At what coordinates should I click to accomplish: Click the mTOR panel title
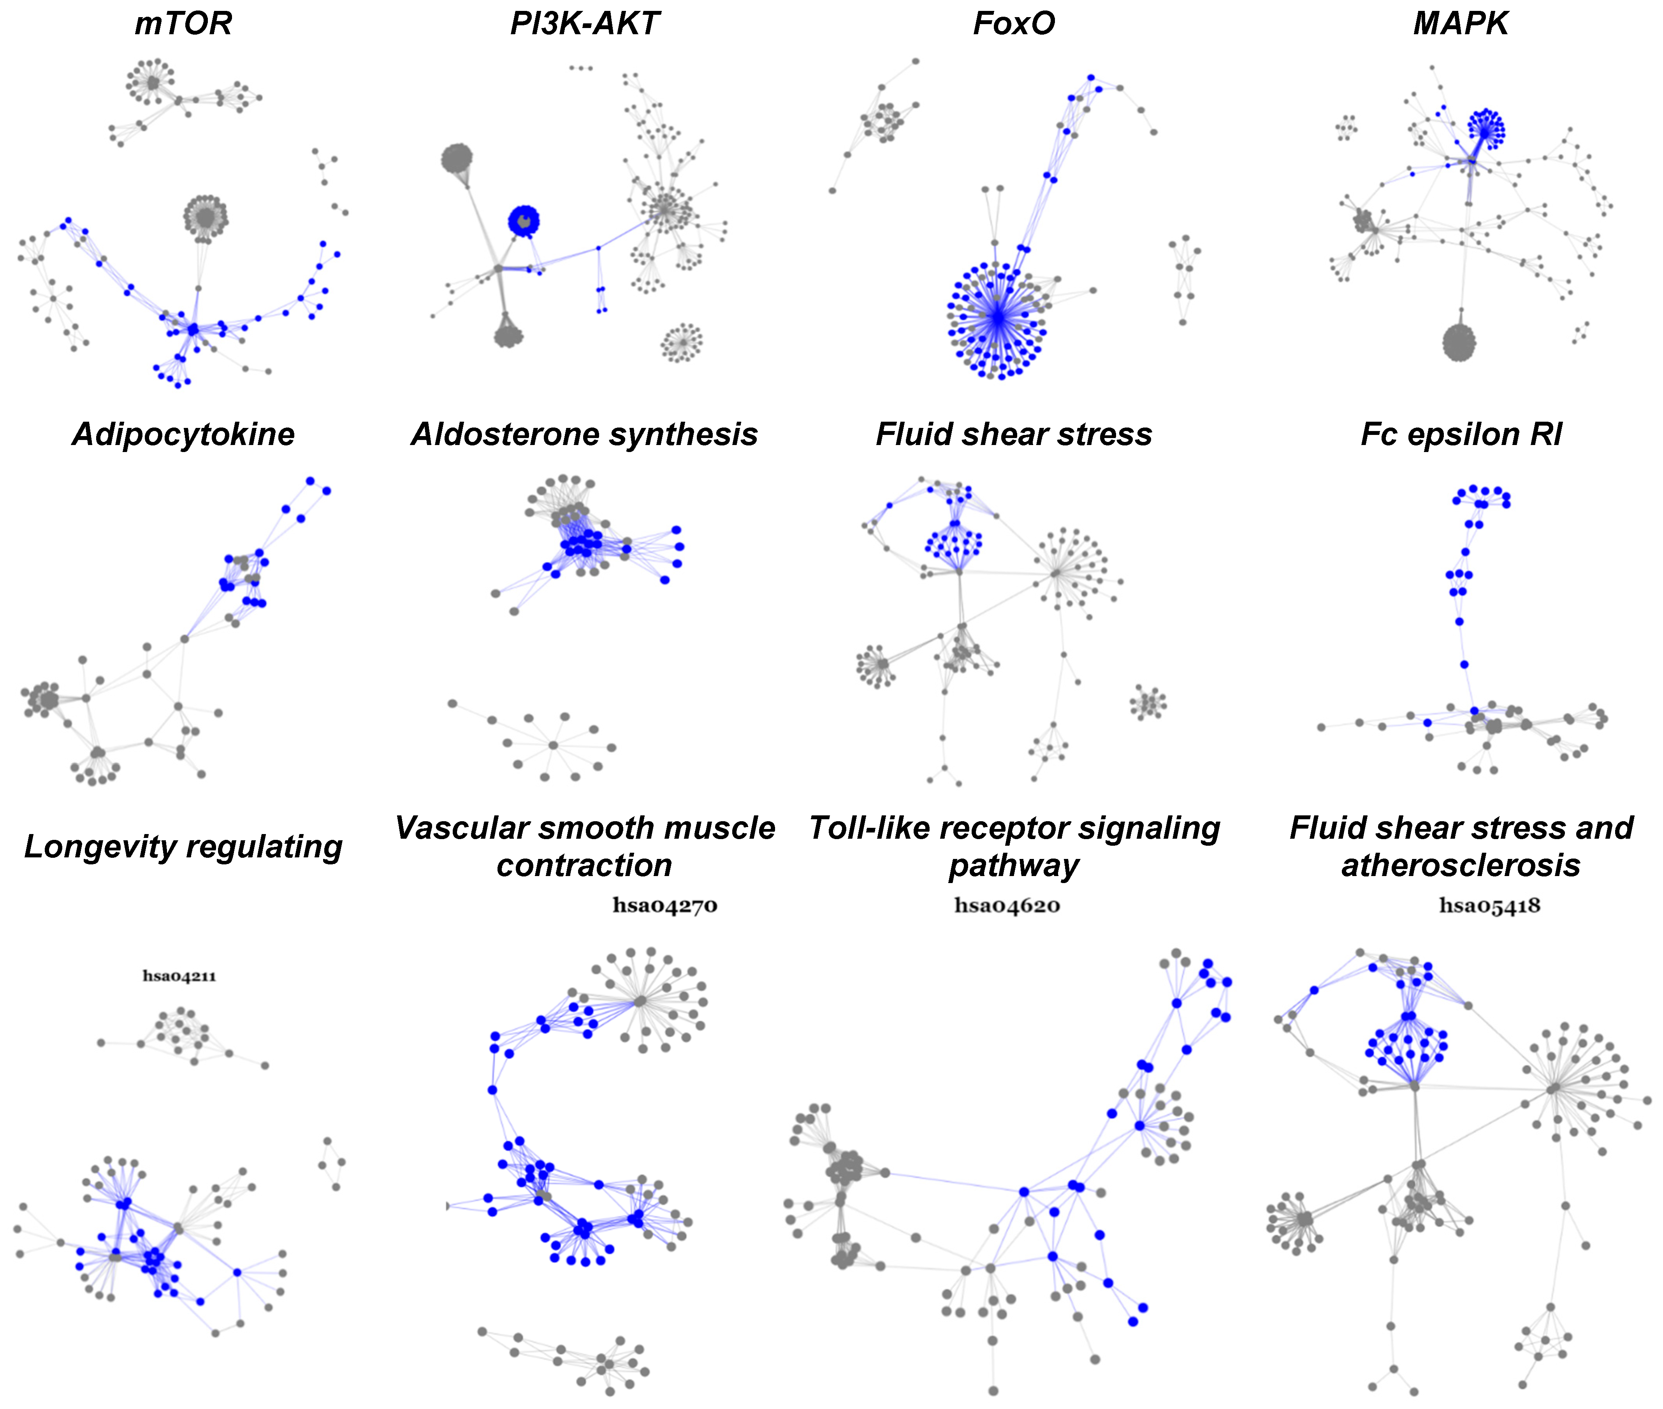pos(183,24)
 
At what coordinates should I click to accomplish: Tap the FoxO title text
pos(1013,24)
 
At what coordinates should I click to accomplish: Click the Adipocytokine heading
pos(183,435)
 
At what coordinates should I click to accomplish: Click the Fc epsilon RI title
pos(1461,435)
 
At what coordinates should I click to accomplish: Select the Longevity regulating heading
pos(183,846)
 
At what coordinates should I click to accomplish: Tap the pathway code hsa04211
pos(179,976)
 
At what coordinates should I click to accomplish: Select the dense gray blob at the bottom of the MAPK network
pos(1459,343)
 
